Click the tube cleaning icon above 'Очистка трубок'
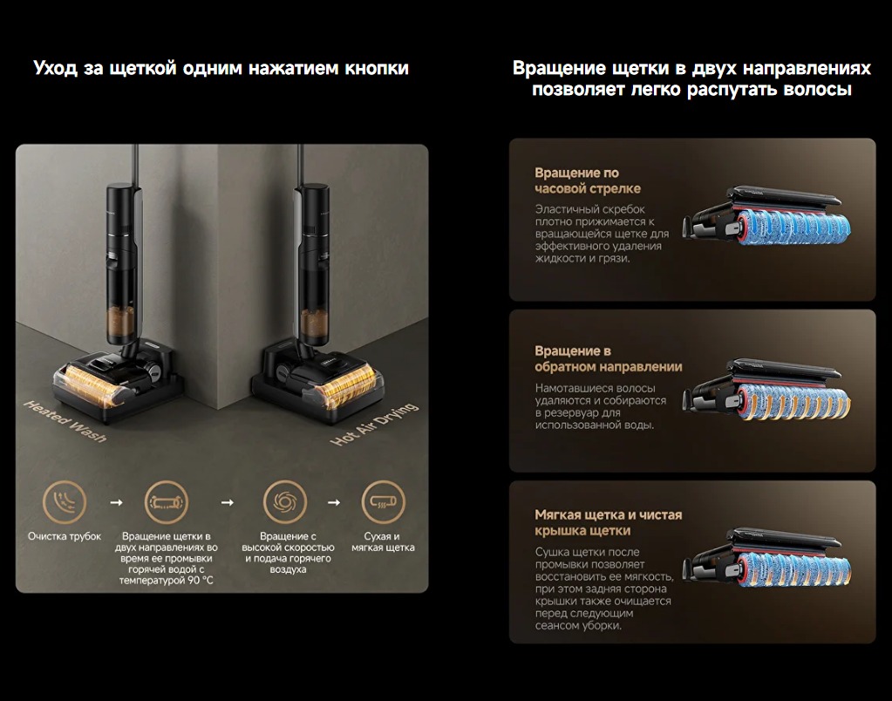pos(65,502)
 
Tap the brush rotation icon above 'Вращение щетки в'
pos(167,502)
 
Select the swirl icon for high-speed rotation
pos(284,502)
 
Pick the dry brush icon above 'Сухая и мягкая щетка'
pos(384,502)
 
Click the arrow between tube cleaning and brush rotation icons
pos(116,503)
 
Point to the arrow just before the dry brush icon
pos(334,503)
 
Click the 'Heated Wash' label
pos(65,421)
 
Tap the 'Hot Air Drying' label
pos(374,425)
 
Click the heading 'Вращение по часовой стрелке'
pos(588,180)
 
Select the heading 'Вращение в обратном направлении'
pos(608,358)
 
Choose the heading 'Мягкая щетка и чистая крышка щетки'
pos(608,522)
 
